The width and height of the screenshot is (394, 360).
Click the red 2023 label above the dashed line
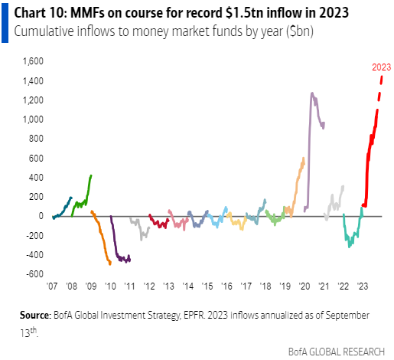click(372, 67)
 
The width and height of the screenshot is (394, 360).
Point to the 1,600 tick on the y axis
click(31, 61)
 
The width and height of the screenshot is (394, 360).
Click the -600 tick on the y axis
click(33, 274)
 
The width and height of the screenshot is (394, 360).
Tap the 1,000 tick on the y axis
click(31, 119)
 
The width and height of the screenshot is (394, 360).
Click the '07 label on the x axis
click(52, 284)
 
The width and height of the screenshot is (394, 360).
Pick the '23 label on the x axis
click(363, 284)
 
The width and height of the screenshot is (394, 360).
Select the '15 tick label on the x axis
click(207, 284)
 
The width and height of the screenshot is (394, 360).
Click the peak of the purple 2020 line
click(311, 93)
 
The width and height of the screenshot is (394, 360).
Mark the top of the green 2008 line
click(92, 175)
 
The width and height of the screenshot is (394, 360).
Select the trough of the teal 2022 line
click(350, 246)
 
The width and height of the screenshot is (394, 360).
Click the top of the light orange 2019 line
click(304, 159)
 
